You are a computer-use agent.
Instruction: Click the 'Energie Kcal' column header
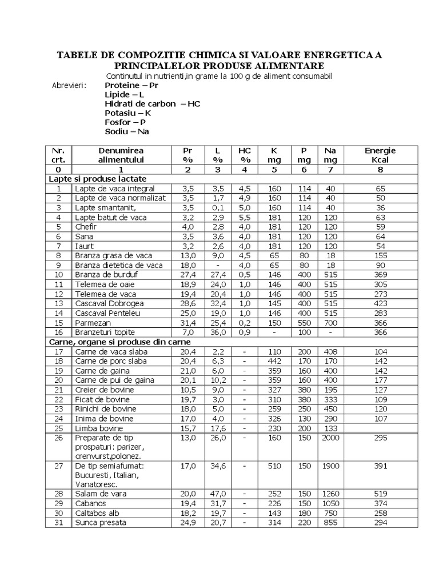coord(380,155)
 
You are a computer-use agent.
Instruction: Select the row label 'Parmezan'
coord(91,323)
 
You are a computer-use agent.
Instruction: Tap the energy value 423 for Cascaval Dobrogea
coord(380,303)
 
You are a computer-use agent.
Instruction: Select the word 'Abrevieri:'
coord(69,86)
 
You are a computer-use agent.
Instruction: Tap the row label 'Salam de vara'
coord(101,494)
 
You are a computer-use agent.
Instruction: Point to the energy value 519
coord(380,494)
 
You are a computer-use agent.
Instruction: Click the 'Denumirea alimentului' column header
coord(121,155)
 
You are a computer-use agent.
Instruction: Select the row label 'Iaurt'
coord(84,246)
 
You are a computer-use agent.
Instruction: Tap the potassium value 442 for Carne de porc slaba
coord(275,361)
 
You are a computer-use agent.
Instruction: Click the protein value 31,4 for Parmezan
coord(189,323)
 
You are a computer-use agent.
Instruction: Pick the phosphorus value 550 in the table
coord(304,323)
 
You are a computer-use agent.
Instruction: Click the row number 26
coord(58,438)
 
